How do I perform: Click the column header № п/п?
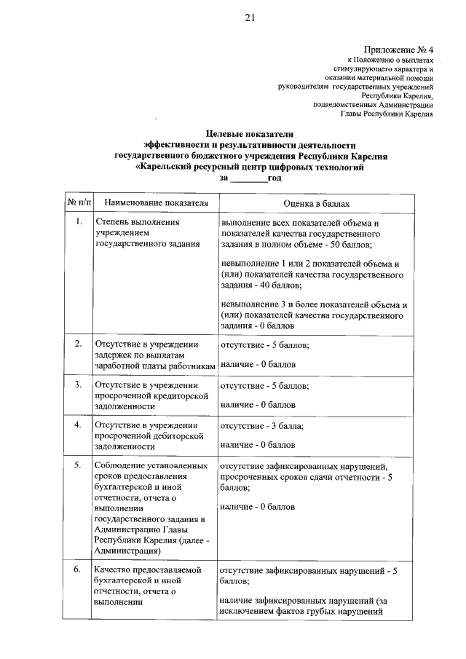tap(79, 202)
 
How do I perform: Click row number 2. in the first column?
tap(79, 342)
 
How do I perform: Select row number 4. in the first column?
tap(79, 425)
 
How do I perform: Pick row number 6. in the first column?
tap(79, 569)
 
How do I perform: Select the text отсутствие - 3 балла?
tap(261, 425)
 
